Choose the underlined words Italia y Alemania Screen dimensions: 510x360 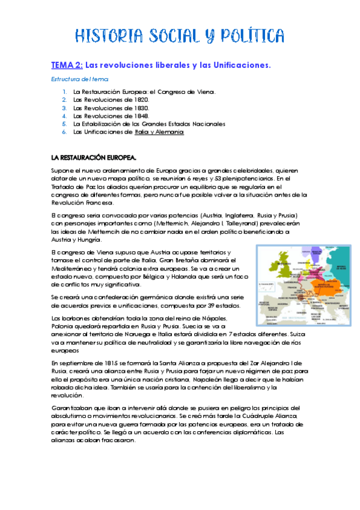[159, 132]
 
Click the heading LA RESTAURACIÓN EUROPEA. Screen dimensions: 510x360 [93, 158]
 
